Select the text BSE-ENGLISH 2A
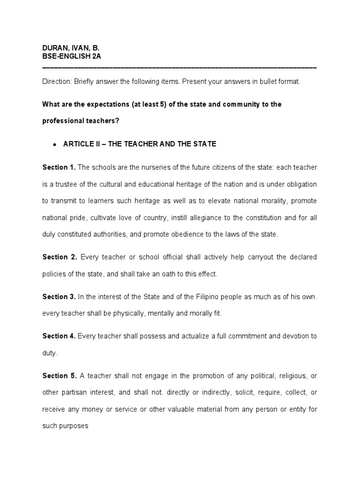point(71,56)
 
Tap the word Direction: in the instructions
point(56,82)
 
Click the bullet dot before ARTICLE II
point(55,144)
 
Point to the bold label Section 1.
point(59,167)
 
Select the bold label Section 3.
point(59,297)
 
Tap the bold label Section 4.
point(59,336)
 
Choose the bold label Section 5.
point(59,375)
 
